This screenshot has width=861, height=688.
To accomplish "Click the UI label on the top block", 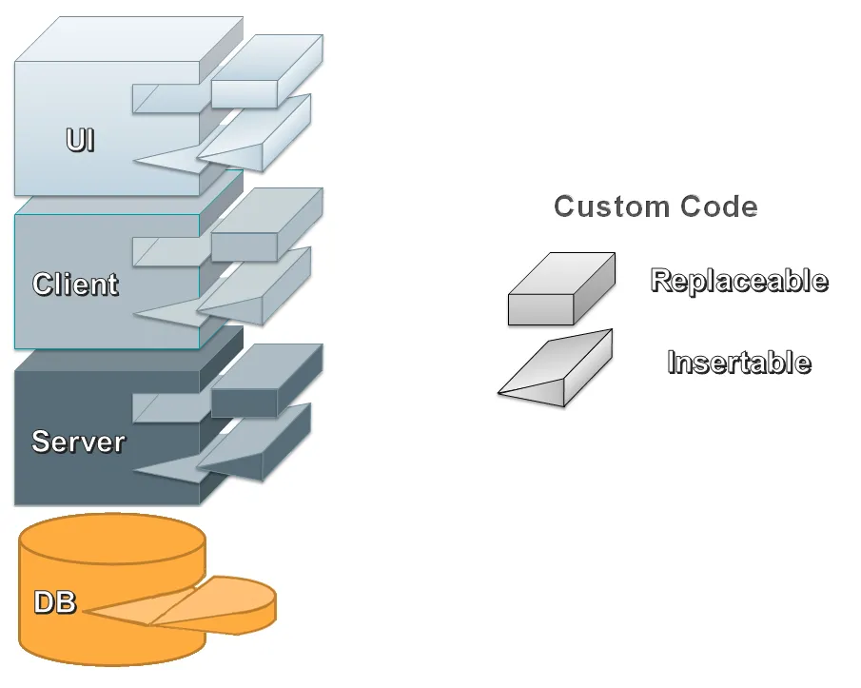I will (80, 141).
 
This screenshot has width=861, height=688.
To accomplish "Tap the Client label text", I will (75, 284).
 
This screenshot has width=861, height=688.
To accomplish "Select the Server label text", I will (78, 442).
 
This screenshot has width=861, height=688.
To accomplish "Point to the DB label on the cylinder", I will (55, 602).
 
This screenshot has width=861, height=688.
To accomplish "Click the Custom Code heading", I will (656, 206).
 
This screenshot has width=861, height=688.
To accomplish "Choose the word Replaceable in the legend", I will (738, 281).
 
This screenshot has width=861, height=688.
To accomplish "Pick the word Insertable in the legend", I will (738, 363).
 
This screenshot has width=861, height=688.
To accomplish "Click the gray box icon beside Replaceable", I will (561, 290).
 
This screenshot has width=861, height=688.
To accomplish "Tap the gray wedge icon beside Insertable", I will (561, 371).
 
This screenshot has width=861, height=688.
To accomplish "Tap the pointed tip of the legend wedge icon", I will (501, 391).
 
